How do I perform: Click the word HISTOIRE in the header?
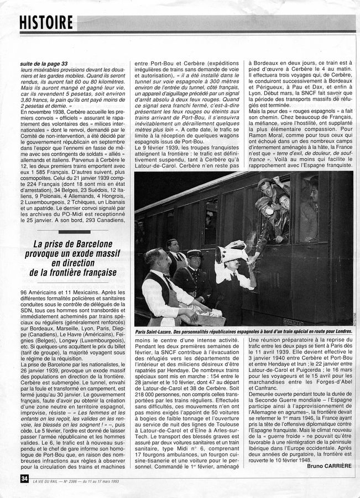(46, 22)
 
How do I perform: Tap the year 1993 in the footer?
(149, 479)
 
